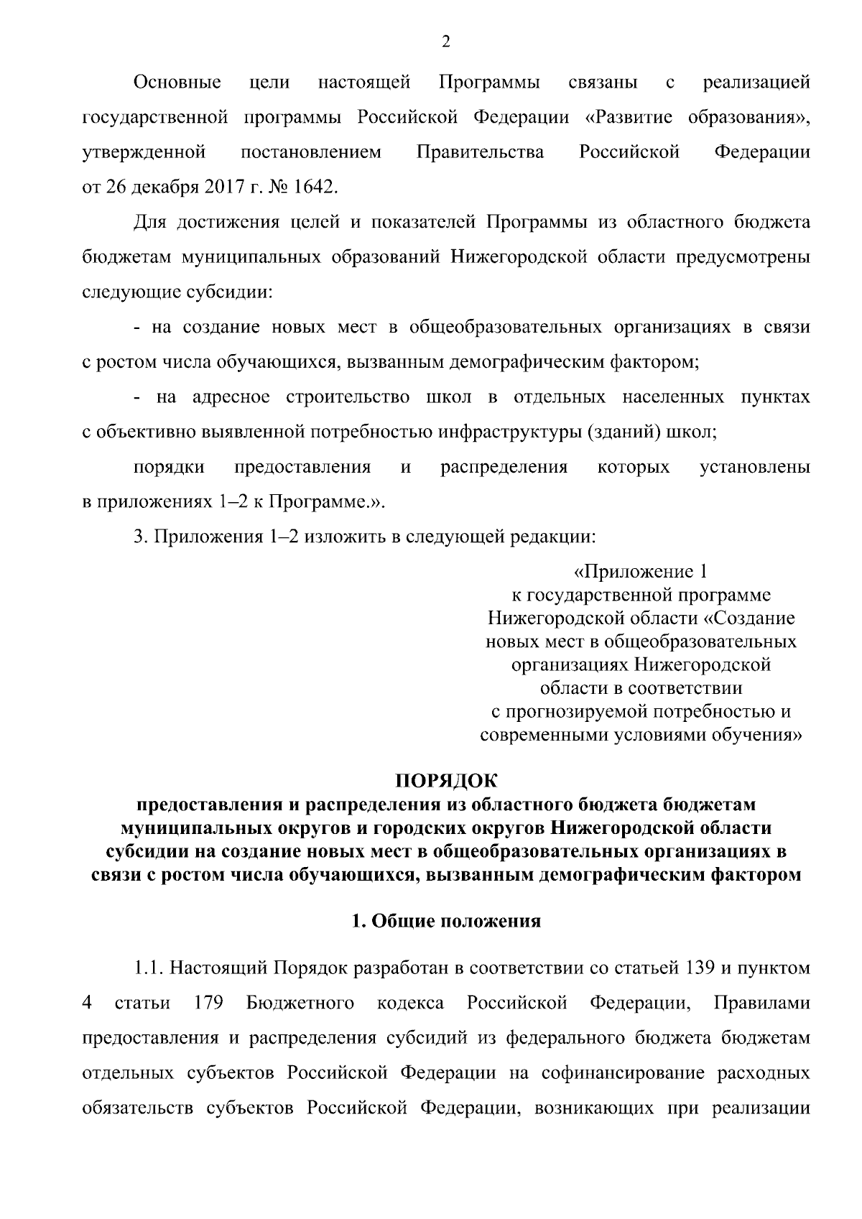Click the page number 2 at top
[445, 43]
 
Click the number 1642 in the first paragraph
[313, 187]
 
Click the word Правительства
[480, 152]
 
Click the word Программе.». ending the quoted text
[328, 502]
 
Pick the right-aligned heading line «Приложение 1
[641, 572]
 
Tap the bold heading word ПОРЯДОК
[445, 781]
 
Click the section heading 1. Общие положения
[445, 922]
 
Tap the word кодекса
[410, 1003]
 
